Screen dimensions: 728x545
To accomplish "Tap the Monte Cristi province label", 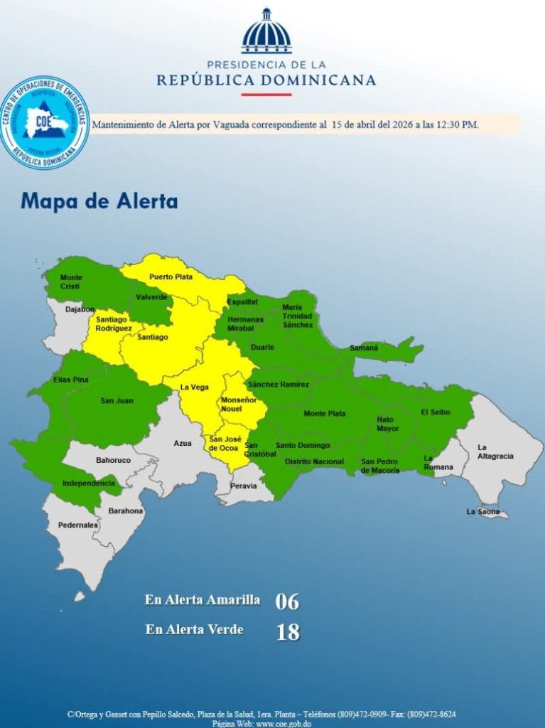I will point(71,282).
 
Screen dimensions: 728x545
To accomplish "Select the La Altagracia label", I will point(495,451).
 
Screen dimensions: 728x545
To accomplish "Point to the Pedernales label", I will point(78,525).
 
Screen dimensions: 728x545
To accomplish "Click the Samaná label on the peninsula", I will point(364,348).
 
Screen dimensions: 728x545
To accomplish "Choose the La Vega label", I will point(194,387).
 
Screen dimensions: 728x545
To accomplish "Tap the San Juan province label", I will point(117,401).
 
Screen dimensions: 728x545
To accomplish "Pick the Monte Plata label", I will point(325,413).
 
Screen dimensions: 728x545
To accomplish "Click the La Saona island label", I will point(482,511).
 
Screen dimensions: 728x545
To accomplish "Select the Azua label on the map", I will point(183,443).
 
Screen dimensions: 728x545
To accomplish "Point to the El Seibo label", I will point(436,412).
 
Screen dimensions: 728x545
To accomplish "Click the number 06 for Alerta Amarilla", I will point(287,601).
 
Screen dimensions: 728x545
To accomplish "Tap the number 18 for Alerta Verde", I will point(287,632).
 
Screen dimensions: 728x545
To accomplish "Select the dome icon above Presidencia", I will point(266,32).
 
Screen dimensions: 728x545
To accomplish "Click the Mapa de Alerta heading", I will point(99,201).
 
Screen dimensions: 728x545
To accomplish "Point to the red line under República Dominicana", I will point(266,95).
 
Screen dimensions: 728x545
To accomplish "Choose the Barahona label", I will point(126,510).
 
